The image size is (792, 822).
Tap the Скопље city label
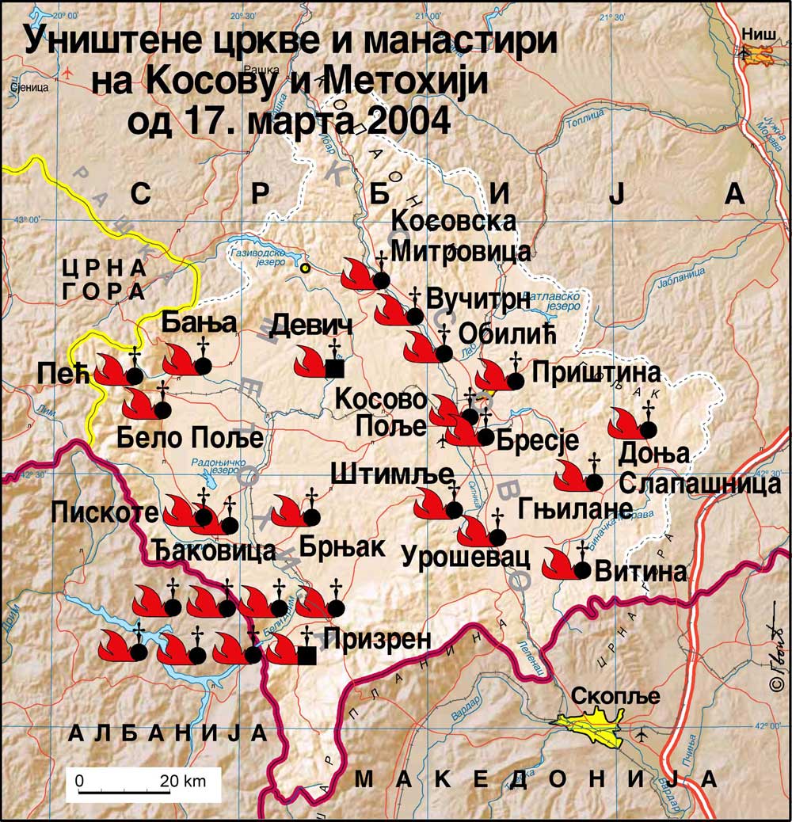[615, 697]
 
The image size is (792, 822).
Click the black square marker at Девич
[334, 367]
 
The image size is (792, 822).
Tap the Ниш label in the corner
[756, 32]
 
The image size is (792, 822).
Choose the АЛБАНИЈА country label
[168, 733]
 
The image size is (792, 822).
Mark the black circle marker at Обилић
[444, 352]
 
